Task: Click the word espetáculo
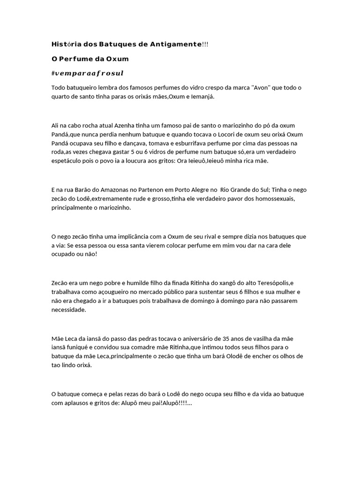pyautogui.click(x=68, y=161)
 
